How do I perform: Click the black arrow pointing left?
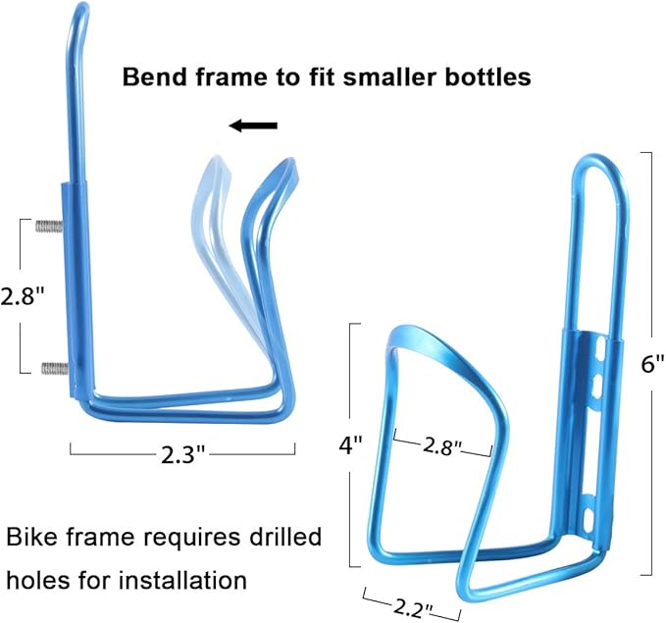(x=253, y=126)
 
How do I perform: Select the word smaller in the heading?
(x=389, y=78)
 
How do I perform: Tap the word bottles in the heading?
(x=488, y=78)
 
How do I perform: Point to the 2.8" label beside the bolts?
(x=23, y=295)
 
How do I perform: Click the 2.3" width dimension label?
(x=183, y=454)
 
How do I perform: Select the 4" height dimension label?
(x=350, y=445)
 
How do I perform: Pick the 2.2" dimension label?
(x=412, y=609)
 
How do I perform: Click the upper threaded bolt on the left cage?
(x=49, y=226)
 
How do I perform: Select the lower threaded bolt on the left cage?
(x=54, y=368)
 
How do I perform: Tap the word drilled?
(x=285, y=537)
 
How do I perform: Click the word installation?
(x=183, y=580)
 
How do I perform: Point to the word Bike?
(x=32, y=537)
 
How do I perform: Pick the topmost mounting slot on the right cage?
(x=600, y=346)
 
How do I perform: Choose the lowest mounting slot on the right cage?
(x=589, y=519)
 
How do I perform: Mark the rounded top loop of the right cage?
(x=599, y=162)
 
